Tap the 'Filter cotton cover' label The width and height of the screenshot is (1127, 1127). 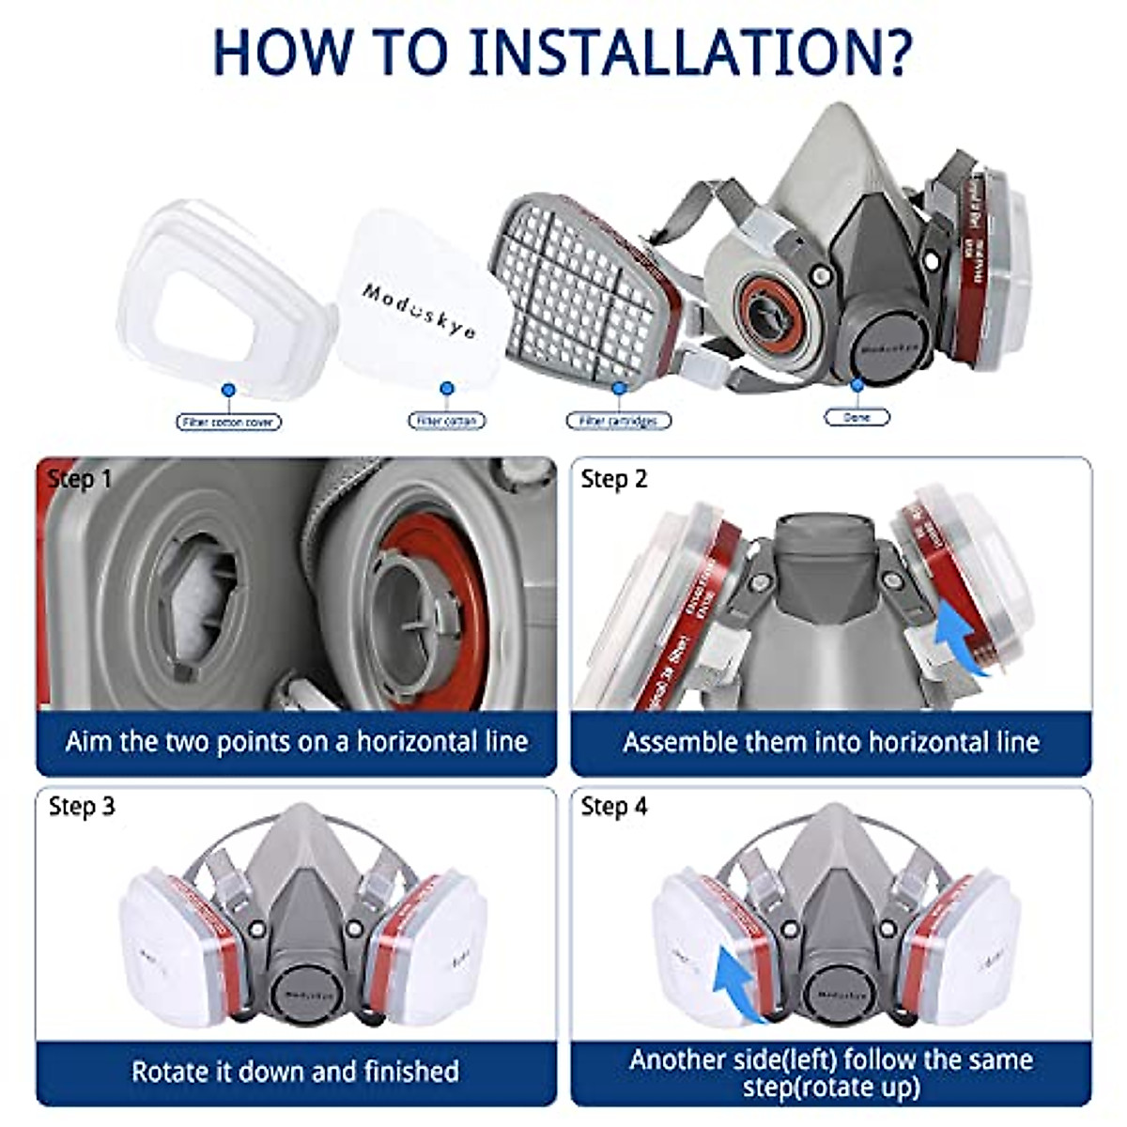click(x=228, y=423)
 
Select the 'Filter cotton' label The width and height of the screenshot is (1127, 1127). click(x=447, y=422)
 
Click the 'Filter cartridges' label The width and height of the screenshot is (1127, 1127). click(x=618, y=421)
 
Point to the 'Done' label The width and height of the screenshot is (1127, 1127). click(x=857, y=417)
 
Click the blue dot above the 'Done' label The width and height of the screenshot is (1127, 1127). click(x=857, y=384)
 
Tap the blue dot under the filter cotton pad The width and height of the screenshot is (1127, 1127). click(x=447, y=388)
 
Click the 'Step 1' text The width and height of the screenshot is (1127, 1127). click(x=80, y=479)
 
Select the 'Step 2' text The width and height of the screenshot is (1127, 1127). click(x=614, y=479)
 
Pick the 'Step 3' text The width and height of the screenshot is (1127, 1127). click(x=82, y=806)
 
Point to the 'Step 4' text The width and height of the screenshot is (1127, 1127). click(x=614, y=806)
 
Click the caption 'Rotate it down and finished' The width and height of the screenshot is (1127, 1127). click(x=295, y=1072)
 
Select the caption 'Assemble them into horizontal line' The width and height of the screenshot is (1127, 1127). click(x=831, y=743)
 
